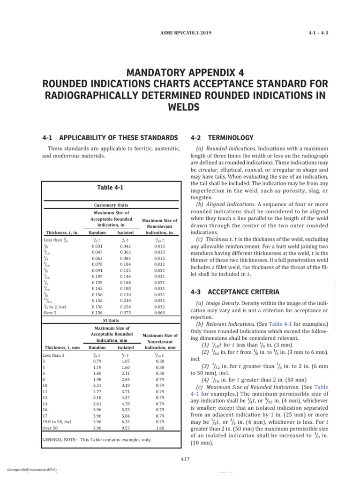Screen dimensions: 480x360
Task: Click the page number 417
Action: (184, 459)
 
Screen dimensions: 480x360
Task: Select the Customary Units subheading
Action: (111, 205)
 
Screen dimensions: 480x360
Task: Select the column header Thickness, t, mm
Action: (61, 347)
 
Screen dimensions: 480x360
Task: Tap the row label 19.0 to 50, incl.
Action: (60, 421)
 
